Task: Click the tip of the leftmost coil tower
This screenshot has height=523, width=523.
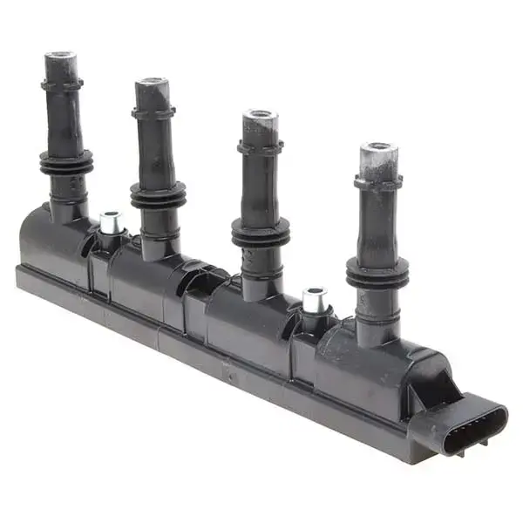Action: click(61, 60)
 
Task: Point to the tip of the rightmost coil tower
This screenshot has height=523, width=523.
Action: click(378, 153)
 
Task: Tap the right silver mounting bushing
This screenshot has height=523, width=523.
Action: click(315, 299)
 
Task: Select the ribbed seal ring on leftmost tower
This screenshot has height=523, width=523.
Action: click(65, 162)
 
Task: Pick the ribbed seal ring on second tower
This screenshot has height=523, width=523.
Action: click(158, 195)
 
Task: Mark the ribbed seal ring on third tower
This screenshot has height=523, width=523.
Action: click(261, 233)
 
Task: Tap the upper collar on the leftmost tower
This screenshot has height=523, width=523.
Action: click(62, 85)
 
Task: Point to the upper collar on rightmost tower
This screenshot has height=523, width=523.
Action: click(377, 182)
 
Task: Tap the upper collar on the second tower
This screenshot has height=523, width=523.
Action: click(153, 112)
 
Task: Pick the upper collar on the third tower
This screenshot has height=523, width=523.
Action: click(260, 146)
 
